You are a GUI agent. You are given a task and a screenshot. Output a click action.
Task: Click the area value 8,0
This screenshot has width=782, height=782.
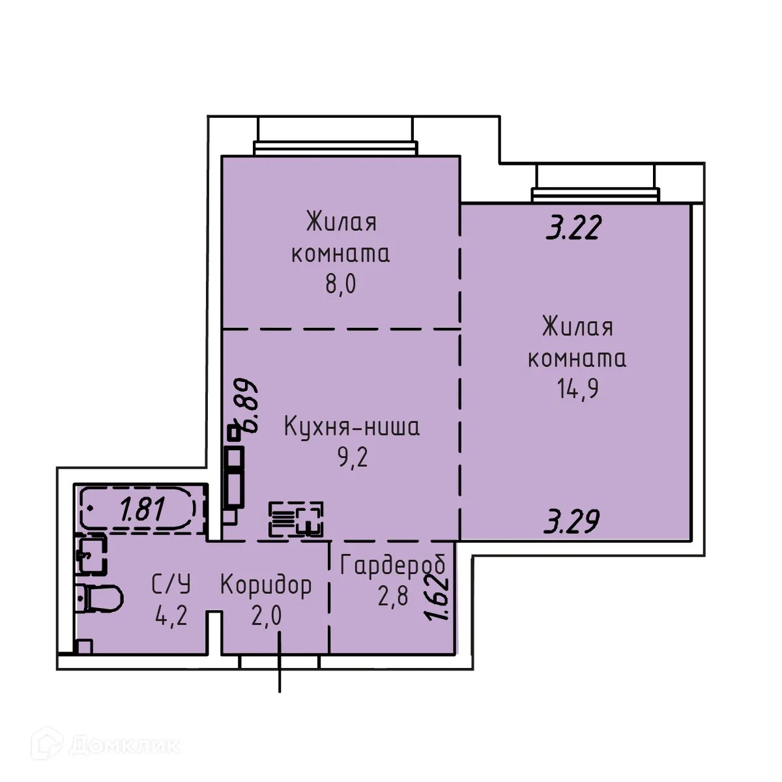(x=341, y=285)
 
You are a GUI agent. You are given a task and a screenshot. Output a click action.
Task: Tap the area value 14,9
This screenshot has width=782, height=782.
(x=577, y=389)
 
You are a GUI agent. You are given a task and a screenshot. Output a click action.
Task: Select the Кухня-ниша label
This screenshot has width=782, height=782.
(x=352, y=427)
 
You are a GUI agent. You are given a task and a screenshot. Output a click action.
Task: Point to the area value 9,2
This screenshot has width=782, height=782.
(x=352, y=458)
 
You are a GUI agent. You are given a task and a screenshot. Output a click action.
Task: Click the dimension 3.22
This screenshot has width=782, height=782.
(x=573, y=229)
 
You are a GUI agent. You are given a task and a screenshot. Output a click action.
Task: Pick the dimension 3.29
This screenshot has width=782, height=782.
(x=572, y=521)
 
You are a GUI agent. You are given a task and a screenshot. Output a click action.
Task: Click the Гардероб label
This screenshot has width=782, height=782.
(x=393, y=566)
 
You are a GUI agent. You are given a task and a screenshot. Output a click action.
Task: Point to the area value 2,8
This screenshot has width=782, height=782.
(x=392, y=596)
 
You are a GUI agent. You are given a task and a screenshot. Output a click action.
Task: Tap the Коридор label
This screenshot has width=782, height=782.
(x=266, y=585)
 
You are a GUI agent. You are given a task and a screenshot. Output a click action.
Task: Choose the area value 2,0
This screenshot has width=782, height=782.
(x=266, y=615)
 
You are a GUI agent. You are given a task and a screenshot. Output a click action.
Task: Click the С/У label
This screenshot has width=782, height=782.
(x=171, y=585)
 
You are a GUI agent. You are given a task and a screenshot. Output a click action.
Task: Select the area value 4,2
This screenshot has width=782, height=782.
(x=171, y=615)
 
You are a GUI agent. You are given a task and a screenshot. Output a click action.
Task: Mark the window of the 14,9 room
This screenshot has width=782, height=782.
(x=595, y=194)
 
